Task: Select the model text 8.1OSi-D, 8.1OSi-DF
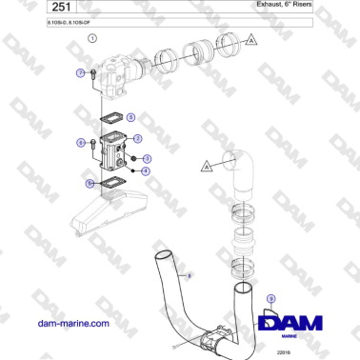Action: (x=43, y=21)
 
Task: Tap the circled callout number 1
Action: (x=92, y=39)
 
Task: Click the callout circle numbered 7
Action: (x=80, y=72)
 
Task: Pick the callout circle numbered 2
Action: (x=137, y=139)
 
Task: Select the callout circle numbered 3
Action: (x=147, y=158)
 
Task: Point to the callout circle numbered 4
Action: (x=145, y=171)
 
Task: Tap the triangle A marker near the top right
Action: (x=250, y=40)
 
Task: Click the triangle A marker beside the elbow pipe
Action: (x=206, y=167)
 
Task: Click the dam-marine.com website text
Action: (x=73, y=324)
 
